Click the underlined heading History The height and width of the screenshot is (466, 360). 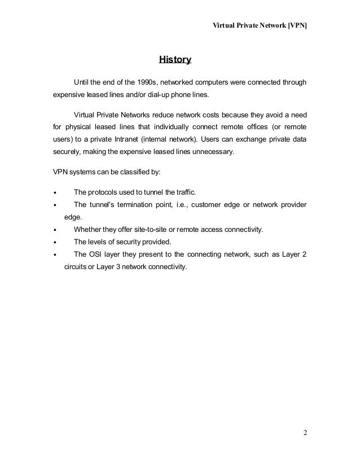(x=175, y=59)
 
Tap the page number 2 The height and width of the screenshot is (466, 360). (x=305, y=433)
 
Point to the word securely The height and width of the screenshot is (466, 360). (x=60, y=152)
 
